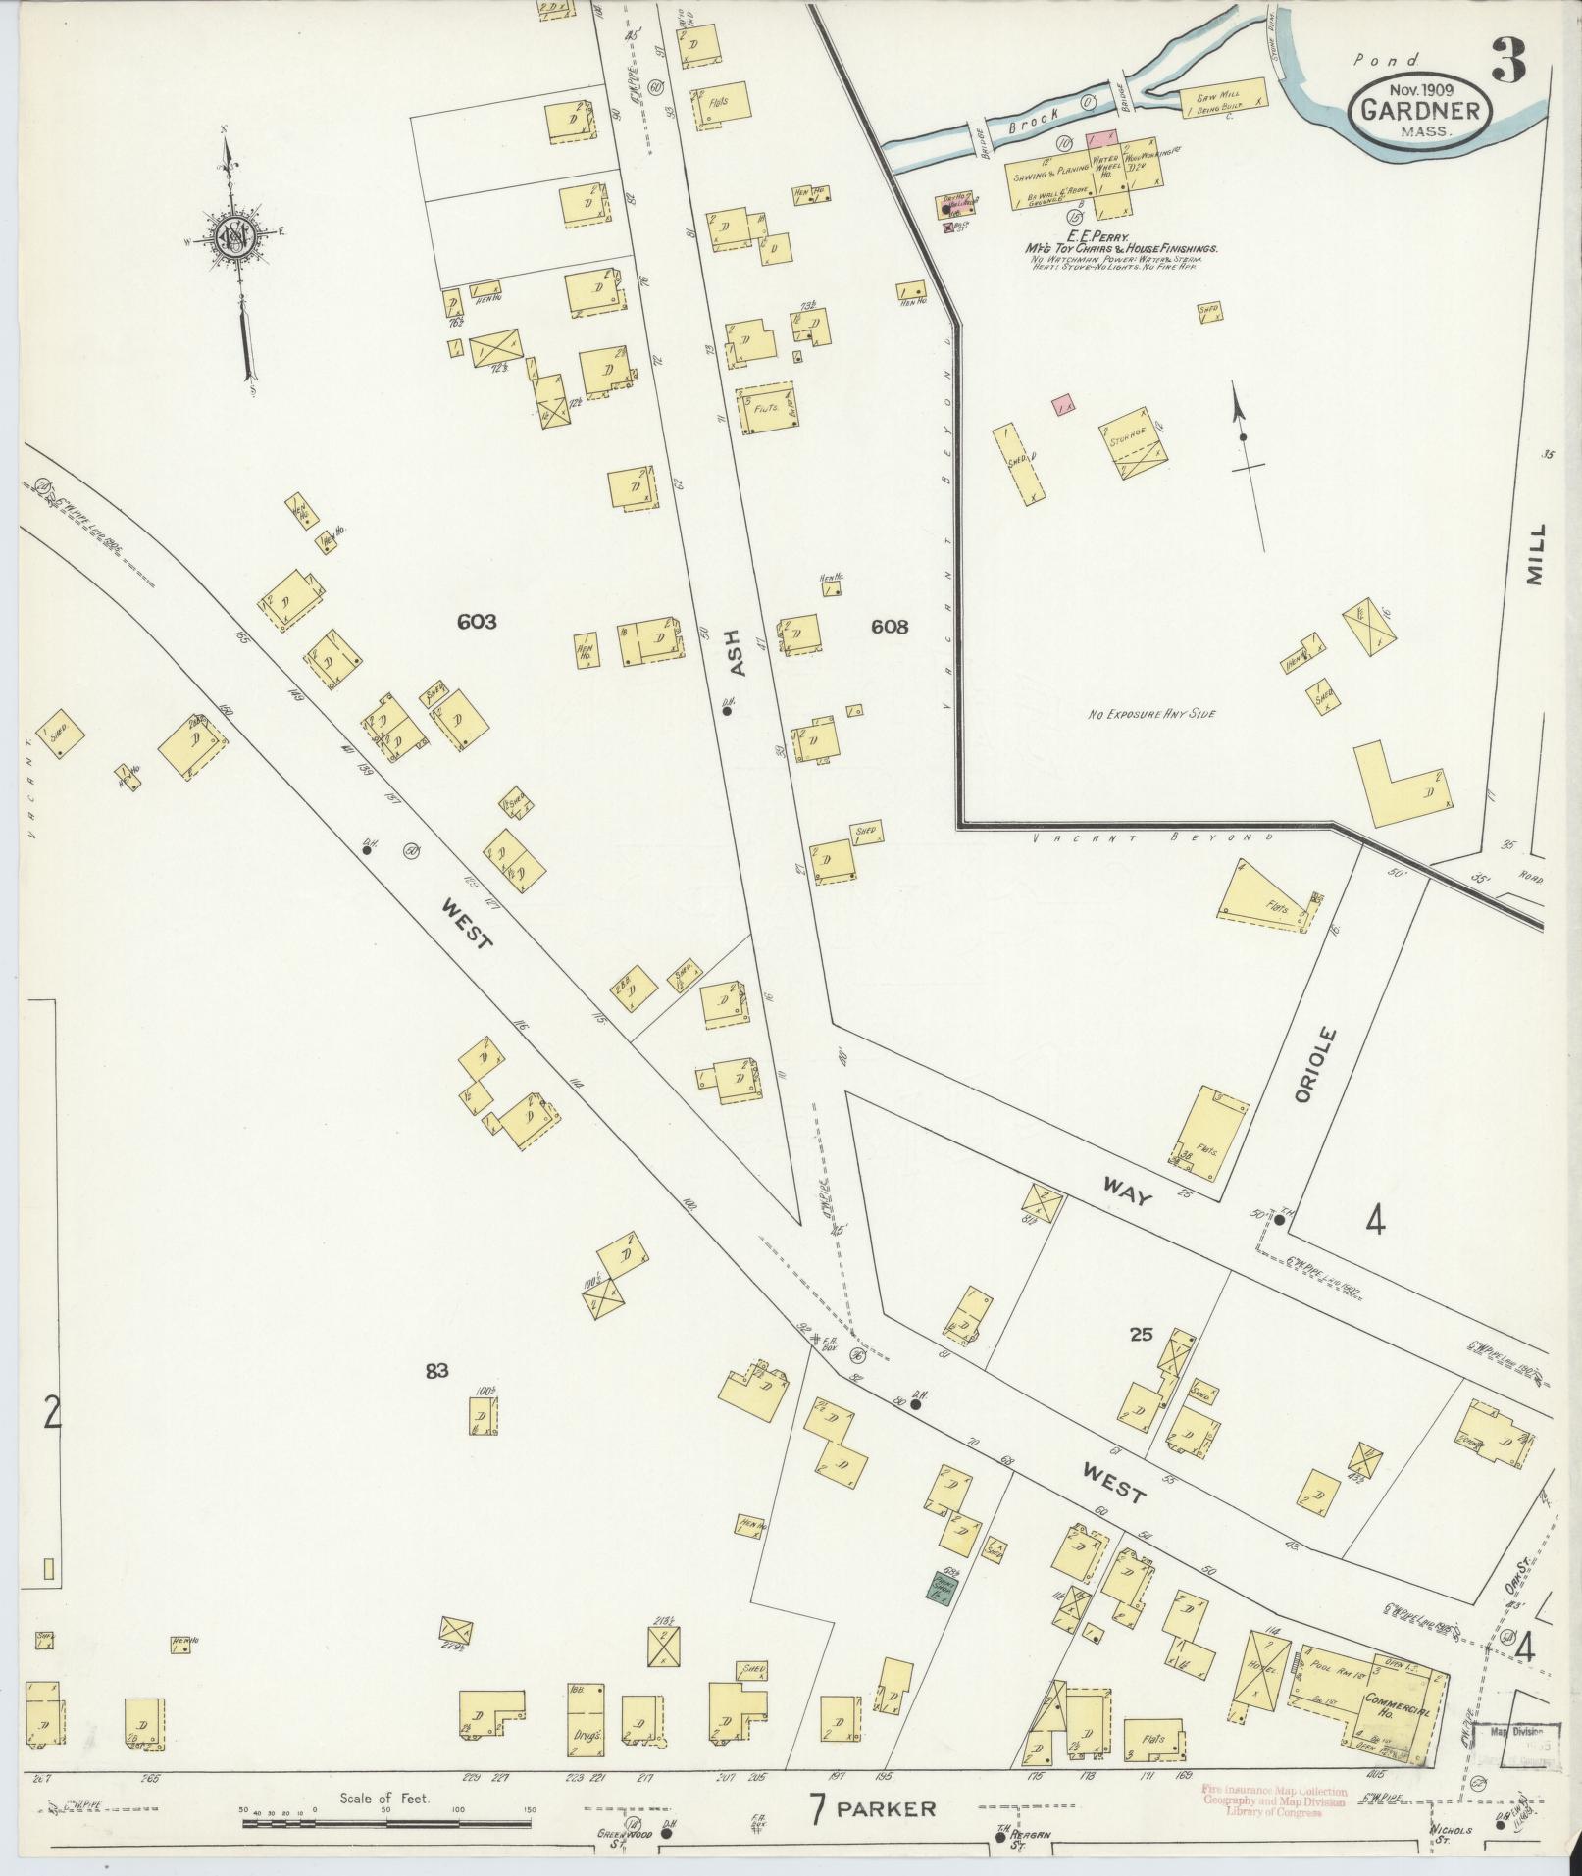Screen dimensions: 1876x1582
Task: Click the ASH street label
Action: [x=738, y=651]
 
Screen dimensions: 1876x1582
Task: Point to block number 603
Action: [x=477, y=621]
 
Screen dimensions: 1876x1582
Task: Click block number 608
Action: [x=890, y=627]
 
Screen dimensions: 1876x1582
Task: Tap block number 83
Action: [x=436, y=1370]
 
